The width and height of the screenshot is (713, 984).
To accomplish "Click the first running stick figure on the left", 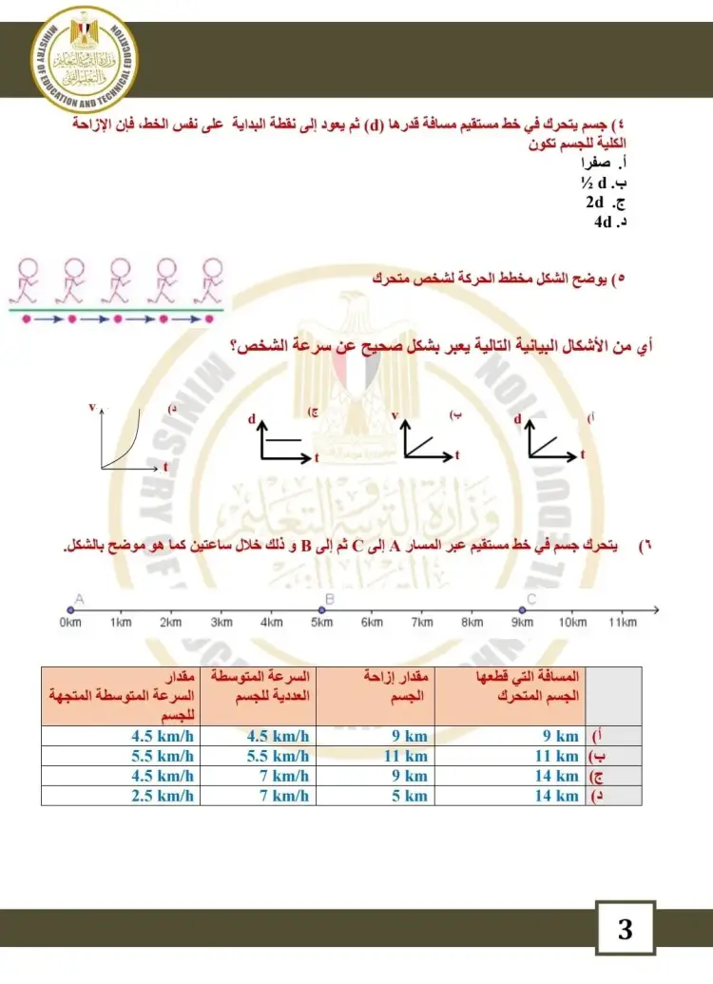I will click(27, 278).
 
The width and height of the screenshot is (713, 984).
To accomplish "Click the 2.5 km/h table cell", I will click(163, 796).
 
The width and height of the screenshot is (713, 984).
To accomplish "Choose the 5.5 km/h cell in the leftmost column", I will click(163, 757).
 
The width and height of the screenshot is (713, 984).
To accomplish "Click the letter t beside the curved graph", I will click(165, 467).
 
